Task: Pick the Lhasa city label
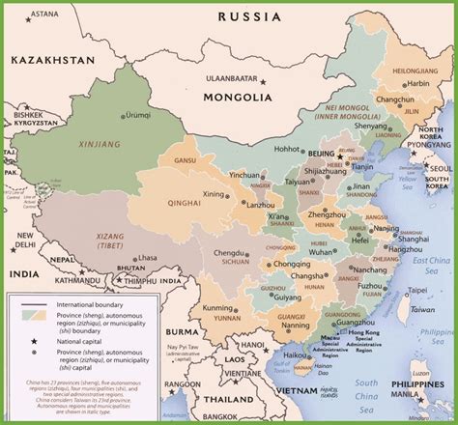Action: (146, 258)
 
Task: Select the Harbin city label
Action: (417, 84)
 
